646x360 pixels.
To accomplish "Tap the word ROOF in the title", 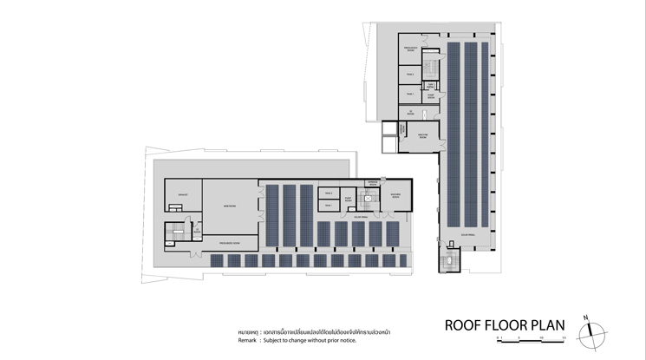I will pos(461,326).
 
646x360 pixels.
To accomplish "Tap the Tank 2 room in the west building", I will pos(329,192).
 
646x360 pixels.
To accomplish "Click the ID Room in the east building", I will pos(411,113).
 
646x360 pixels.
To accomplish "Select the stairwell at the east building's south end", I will pos(451,261).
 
